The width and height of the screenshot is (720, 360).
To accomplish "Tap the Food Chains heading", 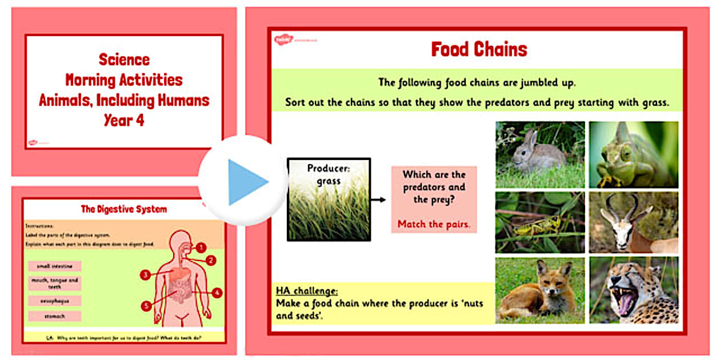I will [x=479, y=49].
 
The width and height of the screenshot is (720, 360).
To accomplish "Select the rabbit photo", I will [x=540, y=154].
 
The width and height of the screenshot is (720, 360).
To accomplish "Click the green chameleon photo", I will [x=634, y=154].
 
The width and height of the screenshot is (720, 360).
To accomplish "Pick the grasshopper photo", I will [x=540, y=222].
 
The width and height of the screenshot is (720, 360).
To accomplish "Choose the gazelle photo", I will [x=634, y=222].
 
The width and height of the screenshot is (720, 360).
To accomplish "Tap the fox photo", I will [x=540, y=290].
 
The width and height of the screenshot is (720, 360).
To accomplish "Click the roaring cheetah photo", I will [x=634, y=290].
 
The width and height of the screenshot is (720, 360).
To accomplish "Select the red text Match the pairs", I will [x=434, y=223].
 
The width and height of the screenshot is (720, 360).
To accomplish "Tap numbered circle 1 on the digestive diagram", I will [x=201, y=247].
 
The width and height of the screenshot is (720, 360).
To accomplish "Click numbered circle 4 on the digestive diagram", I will [x=217, y=293].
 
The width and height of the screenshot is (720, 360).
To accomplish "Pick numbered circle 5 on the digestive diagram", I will [x=147, y=306].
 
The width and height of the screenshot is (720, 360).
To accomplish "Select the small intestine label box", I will [x=55, y=266].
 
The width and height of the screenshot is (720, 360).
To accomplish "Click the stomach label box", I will [x=55, y=316].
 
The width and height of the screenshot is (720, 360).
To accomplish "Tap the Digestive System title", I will [x=123, y=209].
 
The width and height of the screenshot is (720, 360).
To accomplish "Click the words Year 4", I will [x=123, y=121].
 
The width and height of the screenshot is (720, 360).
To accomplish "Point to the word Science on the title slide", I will [x=124, y=59].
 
